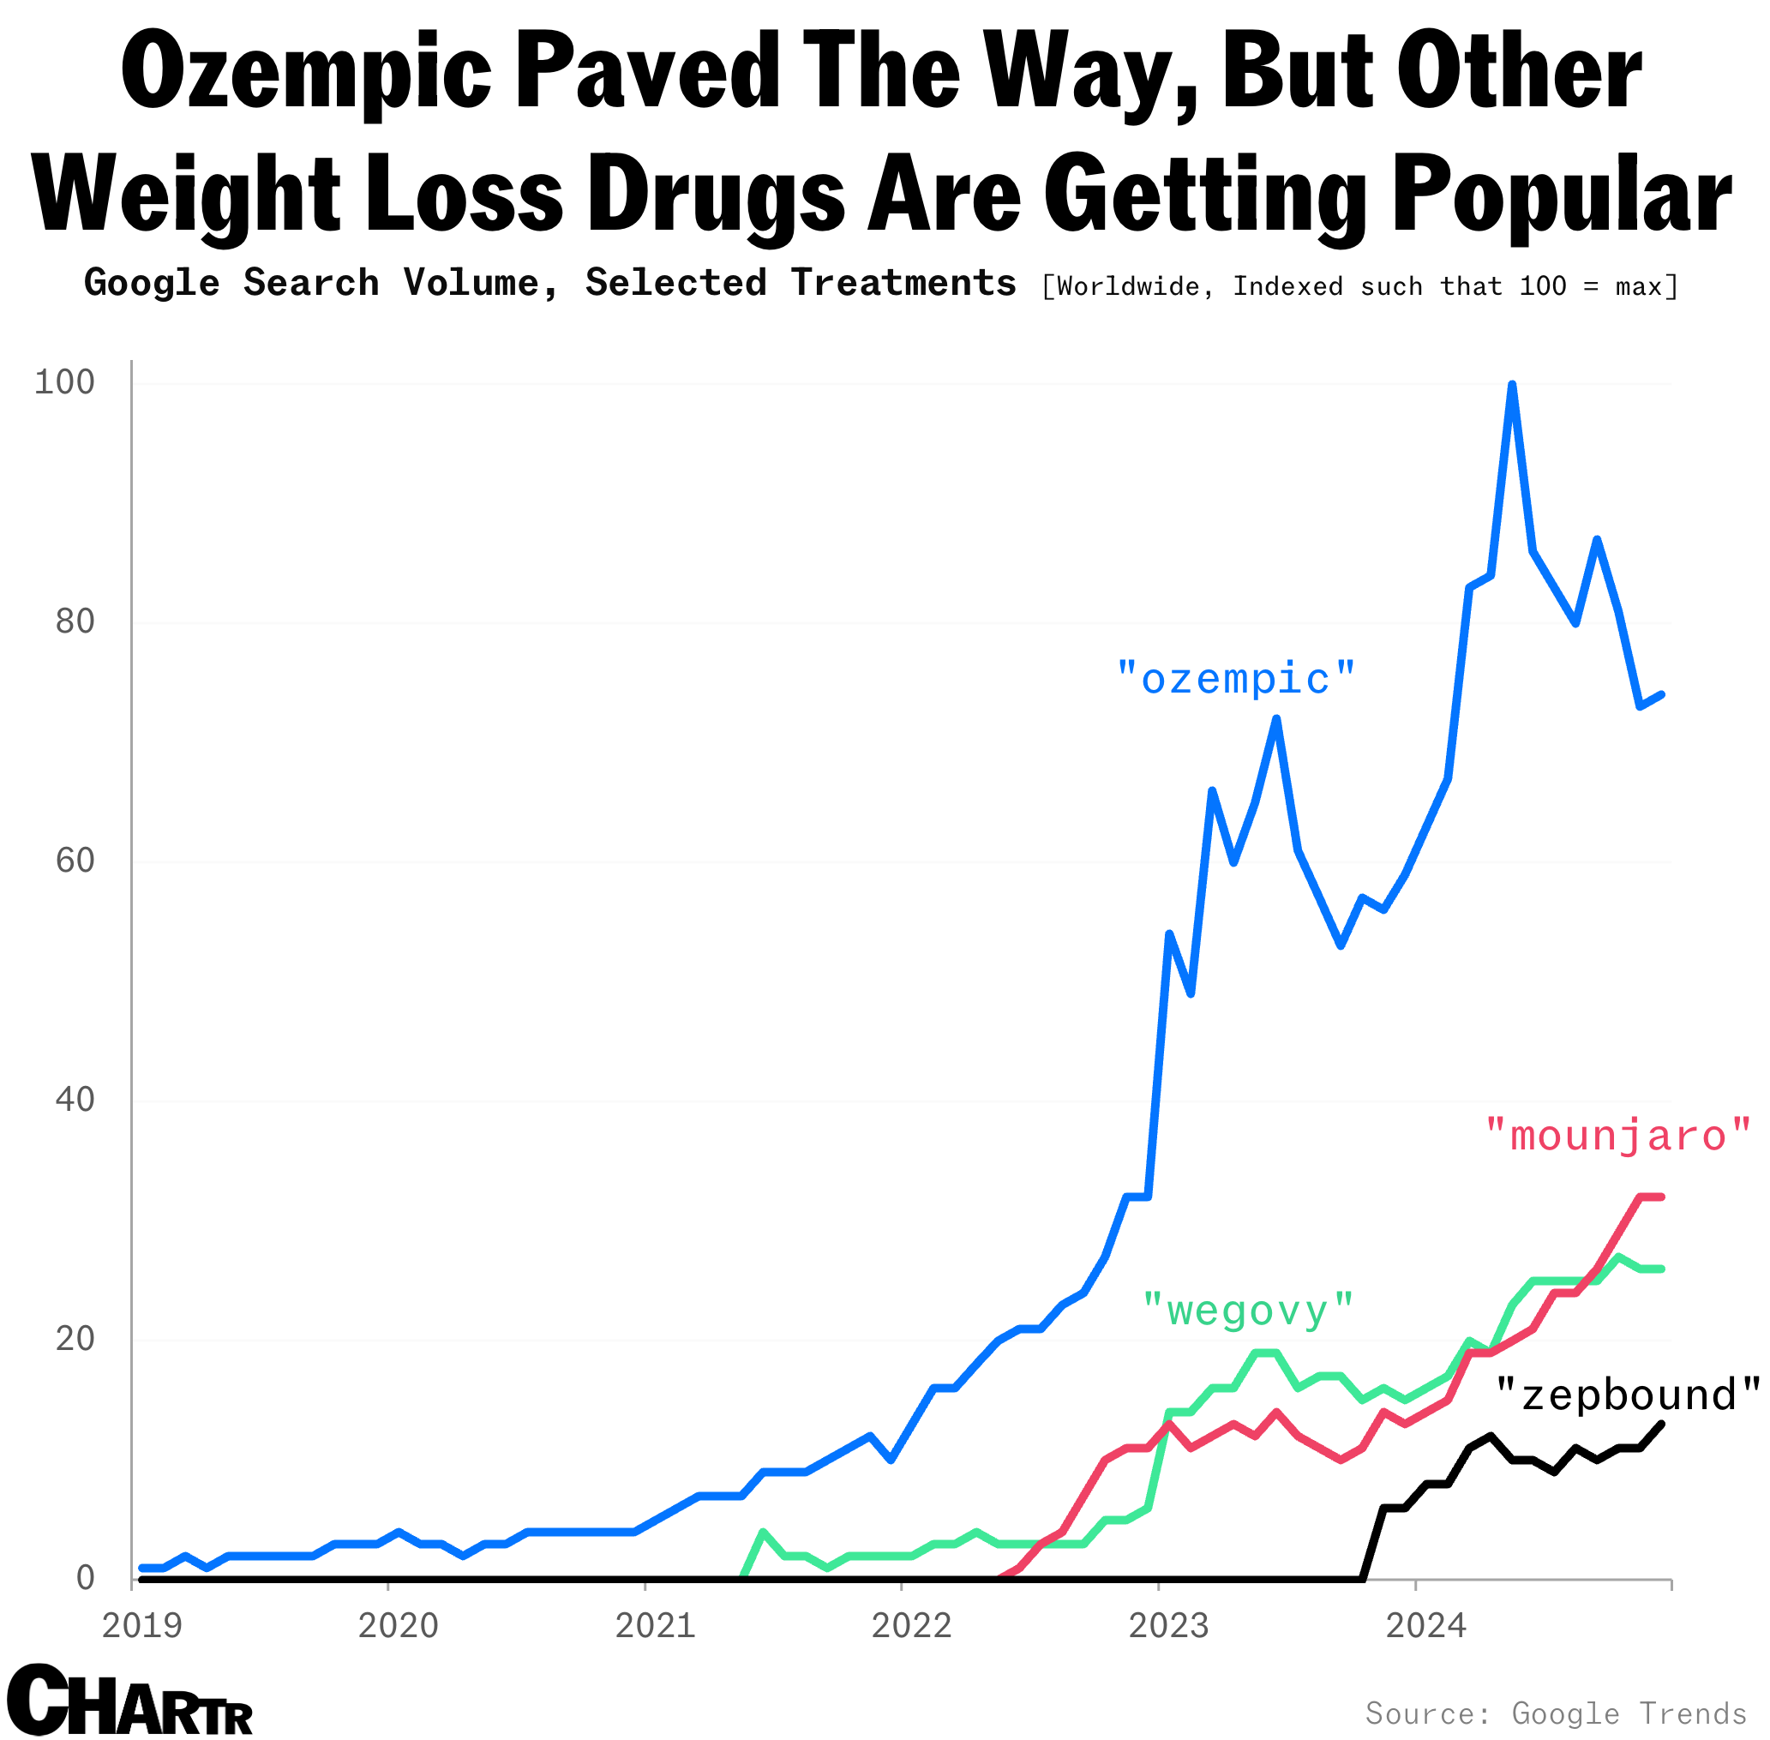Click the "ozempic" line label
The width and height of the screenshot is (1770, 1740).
tap(1235, 680)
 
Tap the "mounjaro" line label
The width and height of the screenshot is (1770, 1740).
tap(1617, 1136)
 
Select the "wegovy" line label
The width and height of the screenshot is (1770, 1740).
tap(1247, 1311)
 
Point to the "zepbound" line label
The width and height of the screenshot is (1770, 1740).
tap(1628, 1395)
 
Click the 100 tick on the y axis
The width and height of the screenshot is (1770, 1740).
tap(64, 382)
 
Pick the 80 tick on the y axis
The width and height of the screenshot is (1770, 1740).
tap(75, 621)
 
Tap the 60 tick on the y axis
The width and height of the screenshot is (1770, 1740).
tap(75, 861)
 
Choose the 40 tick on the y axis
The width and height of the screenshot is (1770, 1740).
tap(75, 1101)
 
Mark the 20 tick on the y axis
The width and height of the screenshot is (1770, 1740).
tap(75, 1339)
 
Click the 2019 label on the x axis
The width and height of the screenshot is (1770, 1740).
tap(141, 1627)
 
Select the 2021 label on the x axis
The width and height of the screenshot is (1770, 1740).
tap(655, 1627)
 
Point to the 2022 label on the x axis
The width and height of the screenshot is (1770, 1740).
tap(912, 1627)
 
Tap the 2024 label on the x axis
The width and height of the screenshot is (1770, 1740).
tap(1425, 1627)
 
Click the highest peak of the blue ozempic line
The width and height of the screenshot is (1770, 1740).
tap(1512, 385)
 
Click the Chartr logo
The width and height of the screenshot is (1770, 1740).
tap(129, 1701)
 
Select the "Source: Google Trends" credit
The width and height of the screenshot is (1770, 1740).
tap(1555, 1713)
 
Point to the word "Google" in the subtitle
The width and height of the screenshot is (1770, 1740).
tap(152, 284)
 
